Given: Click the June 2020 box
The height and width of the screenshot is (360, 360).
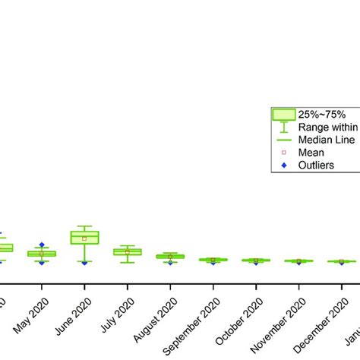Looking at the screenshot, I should click(x=84, y=237).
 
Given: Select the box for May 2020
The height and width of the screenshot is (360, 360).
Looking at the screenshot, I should click(x=42, y=254).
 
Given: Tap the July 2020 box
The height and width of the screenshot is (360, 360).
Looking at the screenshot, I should click(x=127, y=251).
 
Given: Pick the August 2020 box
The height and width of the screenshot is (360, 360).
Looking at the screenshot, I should click(x=170, y=257).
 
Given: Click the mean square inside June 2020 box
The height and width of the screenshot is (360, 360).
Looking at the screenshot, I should click(x=84, y=238).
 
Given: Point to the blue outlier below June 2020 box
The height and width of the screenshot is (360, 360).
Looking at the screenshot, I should click(x=84, y=263).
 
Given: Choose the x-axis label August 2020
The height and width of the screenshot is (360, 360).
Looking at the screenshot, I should click(x=156, y=315).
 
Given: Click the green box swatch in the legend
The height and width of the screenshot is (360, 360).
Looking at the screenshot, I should click(x=283, y=114).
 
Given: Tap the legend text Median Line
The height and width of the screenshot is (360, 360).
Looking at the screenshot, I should click(x=326, y=139).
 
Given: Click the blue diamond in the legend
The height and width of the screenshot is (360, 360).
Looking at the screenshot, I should click(x=283, y=165).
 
